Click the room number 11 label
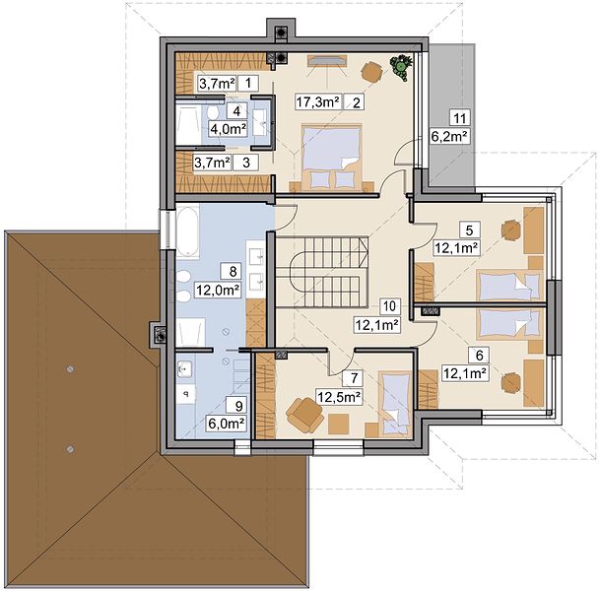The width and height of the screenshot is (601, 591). point(459,118)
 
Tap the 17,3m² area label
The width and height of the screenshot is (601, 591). point(318,102)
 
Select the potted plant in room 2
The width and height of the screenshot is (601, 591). point(401,67)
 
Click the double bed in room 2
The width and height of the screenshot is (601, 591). point(332,157)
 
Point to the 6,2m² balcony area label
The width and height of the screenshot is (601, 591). point(450,137)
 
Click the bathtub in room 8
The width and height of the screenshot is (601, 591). point(187,231)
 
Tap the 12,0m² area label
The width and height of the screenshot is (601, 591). point(218,291)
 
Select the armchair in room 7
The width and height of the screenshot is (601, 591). point(304,415)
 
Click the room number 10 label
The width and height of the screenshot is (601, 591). point(390,306)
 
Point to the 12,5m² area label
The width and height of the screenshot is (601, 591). point(339,398)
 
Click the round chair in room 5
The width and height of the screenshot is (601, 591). point(511,230)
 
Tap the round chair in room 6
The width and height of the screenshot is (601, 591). point(511,382)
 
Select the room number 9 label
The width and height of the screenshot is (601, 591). point(239,405)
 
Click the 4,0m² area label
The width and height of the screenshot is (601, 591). point(228,129)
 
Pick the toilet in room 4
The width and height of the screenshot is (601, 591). point(213,112)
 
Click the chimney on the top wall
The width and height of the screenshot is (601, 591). point(281,32)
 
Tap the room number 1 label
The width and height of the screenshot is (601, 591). point(248,83)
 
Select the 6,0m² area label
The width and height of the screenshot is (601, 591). point(227,424)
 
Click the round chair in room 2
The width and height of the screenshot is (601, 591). point(371,71)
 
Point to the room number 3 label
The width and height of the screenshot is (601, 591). point(246,163)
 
